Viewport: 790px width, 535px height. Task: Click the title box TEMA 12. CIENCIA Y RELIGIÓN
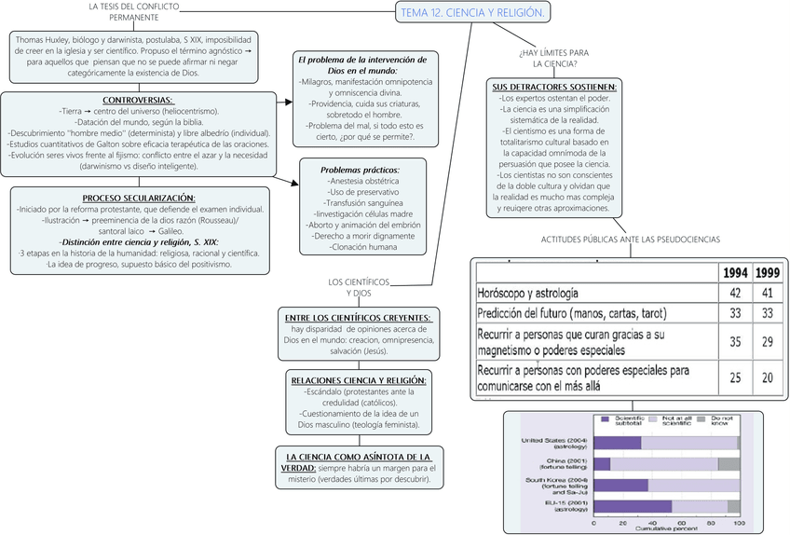click(x=471, y=12)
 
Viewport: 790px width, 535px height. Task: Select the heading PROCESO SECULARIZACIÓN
click(x=139, y=198)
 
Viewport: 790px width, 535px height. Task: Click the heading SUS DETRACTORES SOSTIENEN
click(x=554, y=87)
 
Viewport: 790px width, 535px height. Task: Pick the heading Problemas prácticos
click(x=360, y=170)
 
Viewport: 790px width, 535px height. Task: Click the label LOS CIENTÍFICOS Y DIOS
click(x=359, y=287)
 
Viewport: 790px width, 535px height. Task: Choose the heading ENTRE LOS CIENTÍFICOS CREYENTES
click(x=359, y=318)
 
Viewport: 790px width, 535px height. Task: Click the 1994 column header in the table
click(x=734, y=273)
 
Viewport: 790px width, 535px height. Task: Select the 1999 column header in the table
click(x=767, y=273)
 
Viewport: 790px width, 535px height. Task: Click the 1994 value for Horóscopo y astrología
click(x=734, y=293)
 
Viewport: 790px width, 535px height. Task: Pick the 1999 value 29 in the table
click(x=767, y=342)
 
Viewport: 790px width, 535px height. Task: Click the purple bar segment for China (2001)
click(x=602, y=463)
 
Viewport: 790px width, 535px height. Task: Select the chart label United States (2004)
click(x=554, y=443)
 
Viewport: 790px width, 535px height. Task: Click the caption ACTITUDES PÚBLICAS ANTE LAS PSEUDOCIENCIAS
click(x=630, y=240)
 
